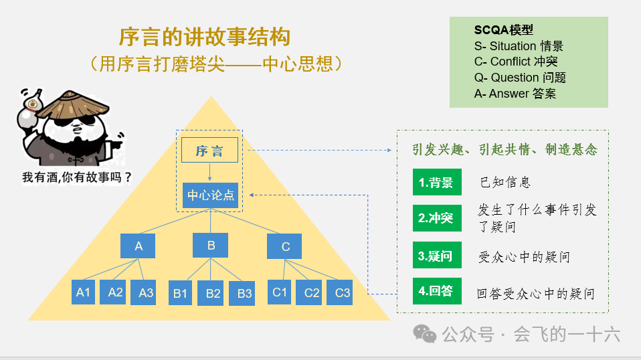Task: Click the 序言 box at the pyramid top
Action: [209, 151]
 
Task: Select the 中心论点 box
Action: [210, 195]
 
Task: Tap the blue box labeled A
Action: [139, 246]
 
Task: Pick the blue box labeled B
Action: [210, 245]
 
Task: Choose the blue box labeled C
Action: [285, 246]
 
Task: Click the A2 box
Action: [116, 292]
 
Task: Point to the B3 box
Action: [244, 293]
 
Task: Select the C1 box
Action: [280, 292]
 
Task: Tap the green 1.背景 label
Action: [436, 183]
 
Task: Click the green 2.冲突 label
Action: [436, 217]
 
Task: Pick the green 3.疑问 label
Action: [436, 256]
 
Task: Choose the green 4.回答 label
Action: [436, 291]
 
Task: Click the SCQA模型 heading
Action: [503, 30]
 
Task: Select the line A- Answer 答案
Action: [515, 94]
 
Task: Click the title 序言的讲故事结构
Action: [205, 37]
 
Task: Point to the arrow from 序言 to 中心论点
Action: [210, 173]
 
